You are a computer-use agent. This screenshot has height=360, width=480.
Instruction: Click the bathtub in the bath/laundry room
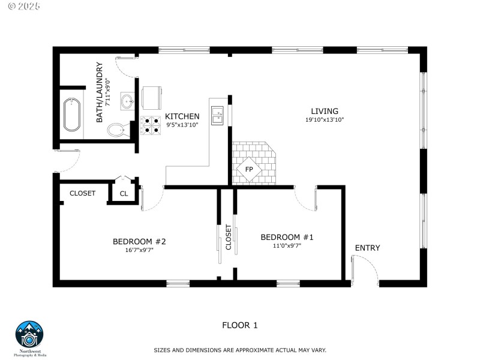pyautogui.click(x=72, y=115)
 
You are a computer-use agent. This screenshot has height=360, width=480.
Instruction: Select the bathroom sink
pyautogui.click(x=128, y=101)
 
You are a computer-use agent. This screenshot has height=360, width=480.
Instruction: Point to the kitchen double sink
pyautogui.click(x=217, y=116)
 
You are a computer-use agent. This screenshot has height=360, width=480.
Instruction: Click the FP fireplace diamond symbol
pyautogui.click(x=249, y=169)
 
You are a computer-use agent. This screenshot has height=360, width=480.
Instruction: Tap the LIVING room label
pyautogui.click(x=324, y=111)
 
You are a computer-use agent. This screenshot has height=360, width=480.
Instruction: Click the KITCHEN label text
pyautogui.click(x=182, y=116)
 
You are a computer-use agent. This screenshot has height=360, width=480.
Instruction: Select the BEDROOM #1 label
pyautogui.click(x=287, y=237)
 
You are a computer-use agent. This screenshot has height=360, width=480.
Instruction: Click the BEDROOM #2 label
pyautogui.click(x=139, y=242)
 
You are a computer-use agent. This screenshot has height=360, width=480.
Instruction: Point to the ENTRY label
pyautogui.click(x=367, y=248)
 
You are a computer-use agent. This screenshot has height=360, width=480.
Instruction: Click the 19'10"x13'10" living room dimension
pyautogui.click(x=324, y=120)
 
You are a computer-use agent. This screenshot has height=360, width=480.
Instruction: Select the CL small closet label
pyautogui.click(x=124, y=194)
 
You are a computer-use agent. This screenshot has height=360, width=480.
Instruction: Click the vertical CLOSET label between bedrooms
pyautogui.click(x=228, y=238)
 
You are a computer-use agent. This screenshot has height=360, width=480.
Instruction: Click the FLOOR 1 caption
pyautogui.click(x=239, y=326)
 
